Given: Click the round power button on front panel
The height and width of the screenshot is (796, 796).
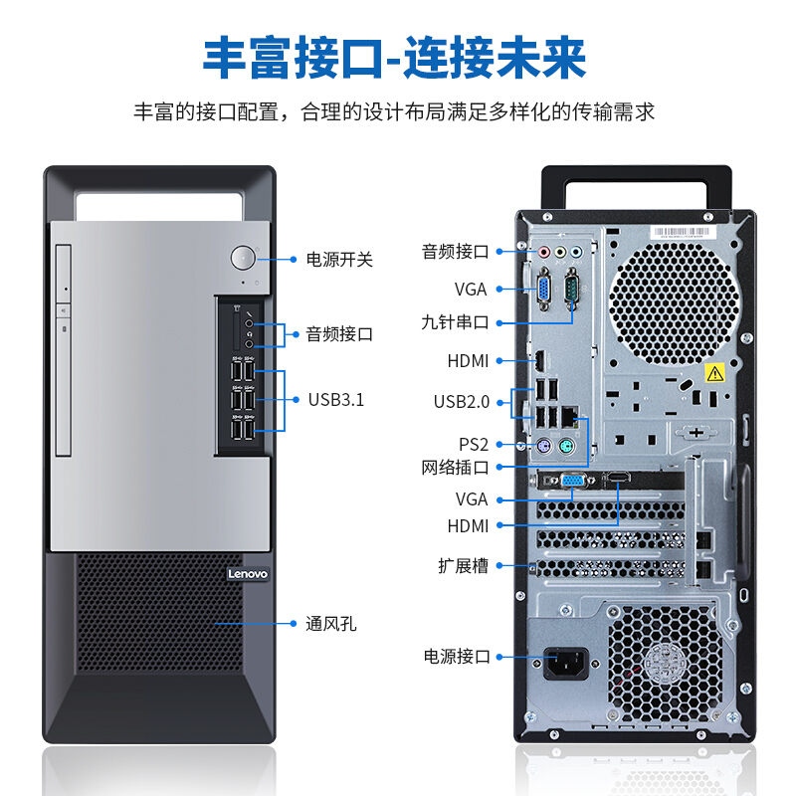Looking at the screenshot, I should click(242, 258).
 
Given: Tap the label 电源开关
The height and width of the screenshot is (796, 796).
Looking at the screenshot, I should click(338, 260).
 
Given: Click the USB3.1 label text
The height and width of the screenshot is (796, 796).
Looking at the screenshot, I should click(335, 400).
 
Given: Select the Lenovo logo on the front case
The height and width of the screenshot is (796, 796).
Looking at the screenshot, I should click(248, 574).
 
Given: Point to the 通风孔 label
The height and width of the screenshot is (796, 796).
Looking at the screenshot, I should click(330, 624).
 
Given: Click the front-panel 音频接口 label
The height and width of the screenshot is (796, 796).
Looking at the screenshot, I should click(338, 334).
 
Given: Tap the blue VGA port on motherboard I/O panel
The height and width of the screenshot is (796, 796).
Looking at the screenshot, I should click(545, 289).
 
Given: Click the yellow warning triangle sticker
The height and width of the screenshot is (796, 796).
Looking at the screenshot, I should click(713, 374).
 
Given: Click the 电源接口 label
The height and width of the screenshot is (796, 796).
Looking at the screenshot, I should click(457, 656).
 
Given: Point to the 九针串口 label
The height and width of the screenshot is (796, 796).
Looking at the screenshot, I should click(455, 322).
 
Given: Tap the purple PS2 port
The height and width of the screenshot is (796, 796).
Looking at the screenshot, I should click(544, 448).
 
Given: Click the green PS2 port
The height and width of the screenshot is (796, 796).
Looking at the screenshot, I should click(565, 448).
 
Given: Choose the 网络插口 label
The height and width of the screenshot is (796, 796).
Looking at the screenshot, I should click(455, 466).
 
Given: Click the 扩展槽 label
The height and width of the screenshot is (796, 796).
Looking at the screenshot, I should click(464, 565).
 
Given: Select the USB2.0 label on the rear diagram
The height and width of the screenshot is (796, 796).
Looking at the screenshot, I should click(462, 402).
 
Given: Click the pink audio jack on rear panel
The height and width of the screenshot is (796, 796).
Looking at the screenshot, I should click(543, 253).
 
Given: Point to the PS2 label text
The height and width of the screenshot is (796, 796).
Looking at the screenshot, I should click(474, 444).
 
